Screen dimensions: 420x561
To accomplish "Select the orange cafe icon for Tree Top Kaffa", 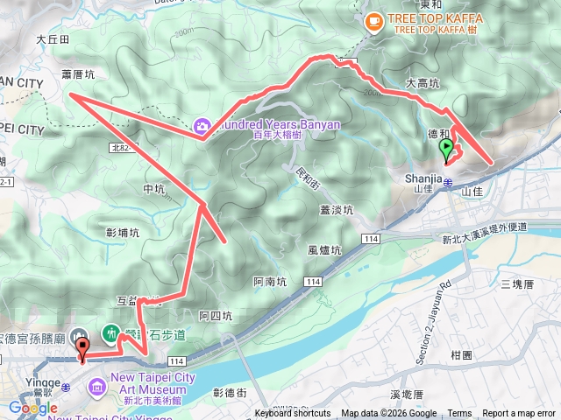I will (x=374, y=19).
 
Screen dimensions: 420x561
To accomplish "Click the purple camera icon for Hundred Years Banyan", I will (x=202, y=127).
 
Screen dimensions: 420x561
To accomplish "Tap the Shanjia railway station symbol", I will (x=447, y=183).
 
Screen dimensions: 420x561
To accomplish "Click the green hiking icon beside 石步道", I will (x=111, y=332).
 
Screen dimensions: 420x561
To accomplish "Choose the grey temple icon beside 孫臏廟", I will (x=80, y=335).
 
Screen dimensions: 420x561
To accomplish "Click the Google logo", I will (x=32, y=408).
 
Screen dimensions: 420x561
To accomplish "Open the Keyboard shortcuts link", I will (x=293, y=414).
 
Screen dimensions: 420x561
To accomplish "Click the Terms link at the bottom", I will (x=459, y=414).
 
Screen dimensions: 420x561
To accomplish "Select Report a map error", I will (x=520, y=414).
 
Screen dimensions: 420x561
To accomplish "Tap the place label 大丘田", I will (x=53, y=39).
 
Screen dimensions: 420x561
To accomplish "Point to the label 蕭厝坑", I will (x=78, y=75).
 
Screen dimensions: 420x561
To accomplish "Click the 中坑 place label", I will (x=153, y=189).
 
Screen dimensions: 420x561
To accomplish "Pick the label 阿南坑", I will (x=269, y=281).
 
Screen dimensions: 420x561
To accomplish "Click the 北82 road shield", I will (x=124, y=150).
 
